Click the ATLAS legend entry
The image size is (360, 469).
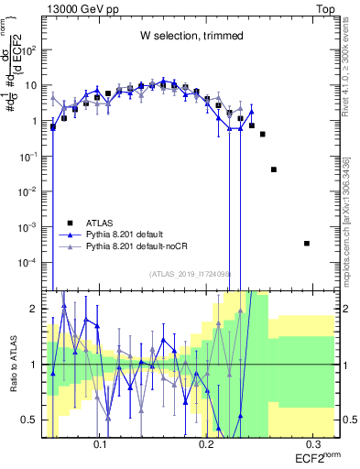(x=100, y=223)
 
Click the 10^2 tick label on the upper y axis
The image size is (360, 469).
(x=28, y=50)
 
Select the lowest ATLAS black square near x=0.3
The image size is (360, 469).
(x=307, y=243)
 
